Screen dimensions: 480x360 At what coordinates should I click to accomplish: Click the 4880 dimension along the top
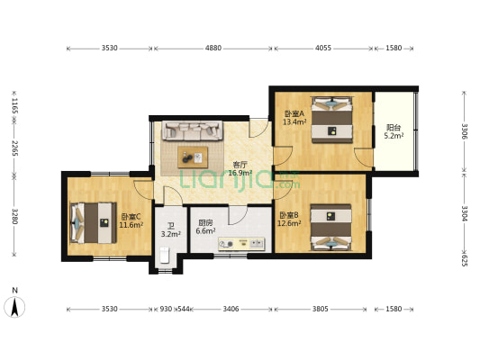click(x=213, y=48)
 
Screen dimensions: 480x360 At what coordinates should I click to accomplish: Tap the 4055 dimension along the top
click(x=323, y=48)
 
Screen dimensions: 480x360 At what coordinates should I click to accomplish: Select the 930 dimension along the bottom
click(x=166, y=309)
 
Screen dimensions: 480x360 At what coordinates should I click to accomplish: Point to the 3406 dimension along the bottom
click(x=231, y=309)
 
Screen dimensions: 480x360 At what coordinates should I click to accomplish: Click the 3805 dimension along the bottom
click(x=321, y=309)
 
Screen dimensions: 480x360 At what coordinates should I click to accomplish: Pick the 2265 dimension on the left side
click(x=14, y=148)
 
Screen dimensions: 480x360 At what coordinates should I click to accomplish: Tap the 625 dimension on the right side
click(x=465, y=260)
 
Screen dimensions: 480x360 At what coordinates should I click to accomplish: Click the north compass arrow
click(x=14, y=307)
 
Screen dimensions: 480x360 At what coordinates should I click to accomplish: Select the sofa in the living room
click(x=192, y=130)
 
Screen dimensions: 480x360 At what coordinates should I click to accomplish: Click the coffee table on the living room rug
click(x=193, y=157)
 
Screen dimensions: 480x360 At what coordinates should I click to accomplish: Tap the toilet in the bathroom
click(x=165, y=255)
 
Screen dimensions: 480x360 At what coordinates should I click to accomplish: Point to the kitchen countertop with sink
click(x=241, y=244)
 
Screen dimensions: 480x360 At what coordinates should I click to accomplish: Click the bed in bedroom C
click(x=93, y=222)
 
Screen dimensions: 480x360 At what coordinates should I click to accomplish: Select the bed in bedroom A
click(x=331, y=120)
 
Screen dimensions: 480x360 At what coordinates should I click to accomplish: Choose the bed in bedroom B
click(x=331, y=228)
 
